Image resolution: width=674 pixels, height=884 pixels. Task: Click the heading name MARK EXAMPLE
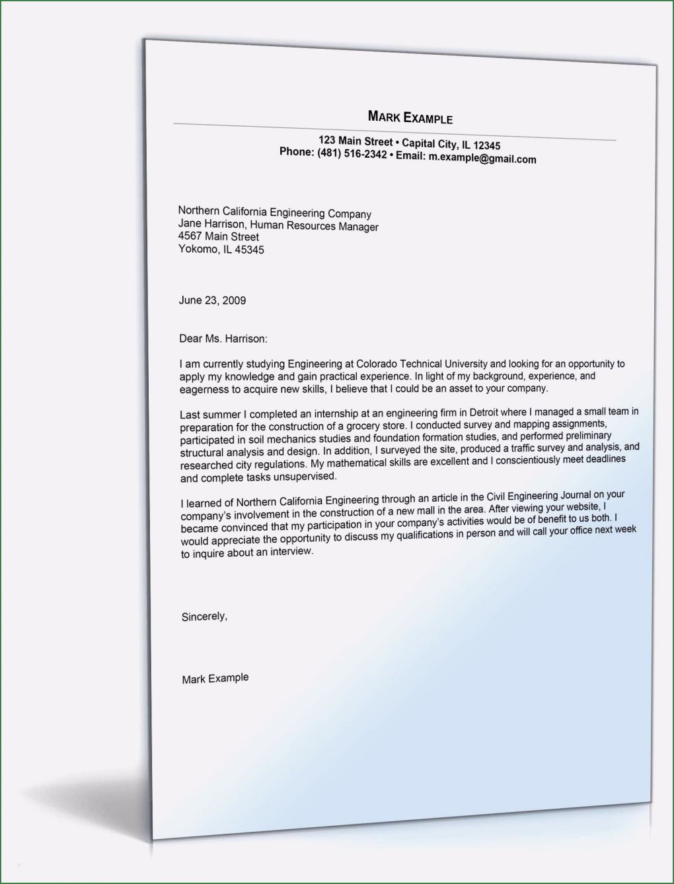(410, 118)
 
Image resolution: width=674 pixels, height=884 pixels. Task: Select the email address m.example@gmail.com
(482, 158)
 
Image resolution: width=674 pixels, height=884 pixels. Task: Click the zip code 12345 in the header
(487, 145)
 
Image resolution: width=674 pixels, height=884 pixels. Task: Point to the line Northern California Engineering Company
(274, 213)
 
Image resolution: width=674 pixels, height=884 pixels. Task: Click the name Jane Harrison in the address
(210, 224)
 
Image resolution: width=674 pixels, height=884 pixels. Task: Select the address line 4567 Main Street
(218, 236)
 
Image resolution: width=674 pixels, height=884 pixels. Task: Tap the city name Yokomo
(198, 249)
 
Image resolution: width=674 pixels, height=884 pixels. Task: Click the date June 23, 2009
(212, 300)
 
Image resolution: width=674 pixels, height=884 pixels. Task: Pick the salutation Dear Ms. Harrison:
(223, 339)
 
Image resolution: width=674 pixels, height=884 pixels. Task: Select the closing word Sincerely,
(204, 617)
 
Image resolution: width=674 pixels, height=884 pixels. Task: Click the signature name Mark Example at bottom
(215, 678)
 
